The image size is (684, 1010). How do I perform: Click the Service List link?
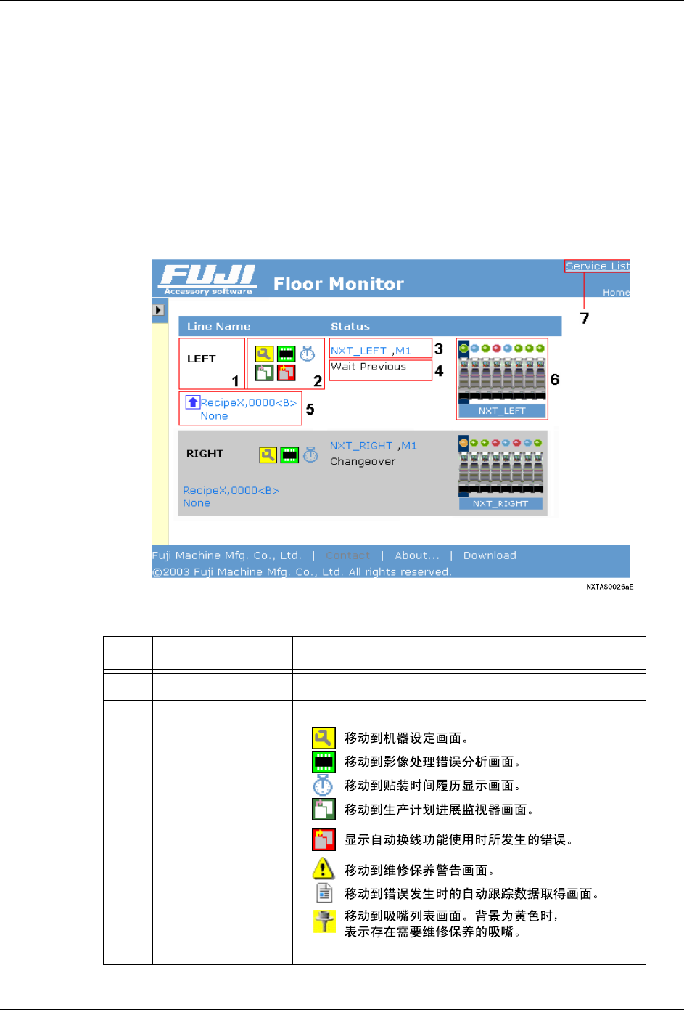click(x=597, y=266)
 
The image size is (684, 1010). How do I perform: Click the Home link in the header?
click(x=616, y=293)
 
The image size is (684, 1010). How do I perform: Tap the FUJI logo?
click(x=208, y=279)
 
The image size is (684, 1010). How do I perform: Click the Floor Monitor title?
click(x=338, y=284)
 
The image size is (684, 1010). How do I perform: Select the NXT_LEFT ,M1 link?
click(x=371, y=351)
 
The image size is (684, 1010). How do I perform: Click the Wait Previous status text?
click(x=368, y=367)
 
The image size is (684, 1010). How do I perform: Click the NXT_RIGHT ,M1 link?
click(x=373, y=446)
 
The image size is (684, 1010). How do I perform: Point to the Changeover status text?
click(x=363, y=462)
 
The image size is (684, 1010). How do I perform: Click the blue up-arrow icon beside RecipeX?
click(x=193, y=402)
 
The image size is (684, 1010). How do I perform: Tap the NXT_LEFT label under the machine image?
click(x=502, y=411)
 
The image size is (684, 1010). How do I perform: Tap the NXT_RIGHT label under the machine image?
click(x=500, y=504)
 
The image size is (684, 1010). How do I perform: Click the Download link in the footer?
click(x=490, y=555)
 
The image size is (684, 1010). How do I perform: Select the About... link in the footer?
click(x=417, y=555)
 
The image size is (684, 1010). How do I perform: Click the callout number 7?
click(x=585, y=318)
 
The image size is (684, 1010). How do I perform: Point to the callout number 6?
click(x=555, y=380)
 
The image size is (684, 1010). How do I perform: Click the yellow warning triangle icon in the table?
click(x=323, y=868)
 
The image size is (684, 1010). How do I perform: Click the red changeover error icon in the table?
click(x=324, y=839)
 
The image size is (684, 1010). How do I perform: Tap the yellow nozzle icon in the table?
click(x=324, y=921)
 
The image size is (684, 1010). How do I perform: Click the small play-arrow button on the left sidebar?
click(x=159, y=310)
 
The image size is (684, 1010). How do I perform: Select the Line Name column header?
click(x=218, y=327)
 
